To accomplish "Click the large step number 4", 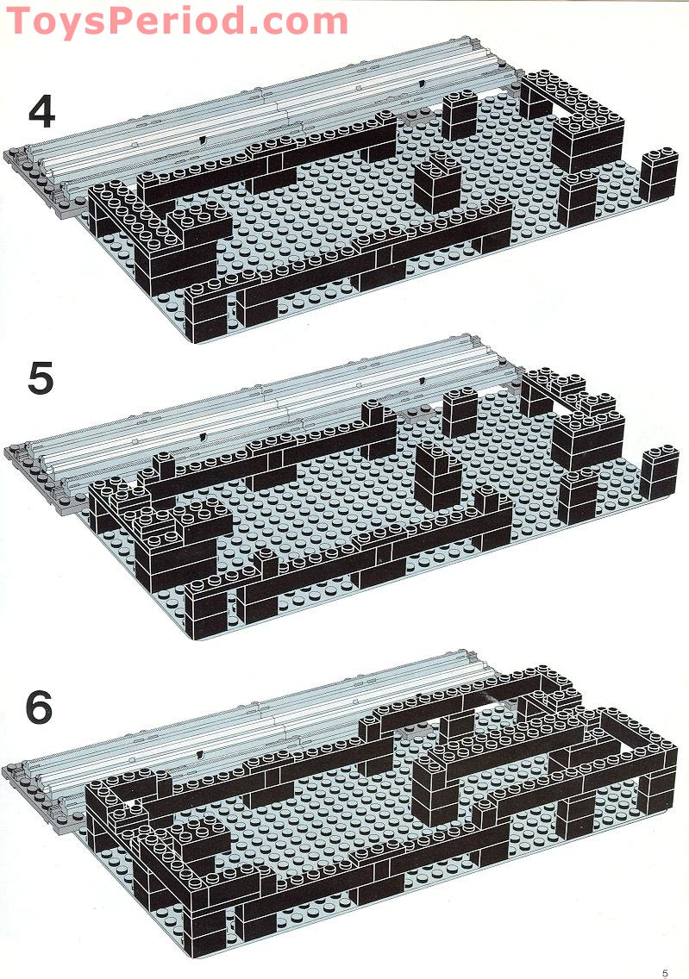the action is coord(41,112).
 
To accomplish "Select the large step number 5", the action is coord(41,378).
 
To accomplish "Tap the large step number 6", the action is coord(39,708).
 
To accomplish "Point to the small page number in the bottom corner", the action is coord(665,973).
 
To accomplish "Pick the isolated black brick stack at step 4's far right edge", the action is coord(659,175).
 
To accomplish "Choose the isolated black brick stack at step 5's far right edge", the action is coord(660,472).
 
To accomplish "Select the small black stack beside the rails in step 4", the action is coord(460,115).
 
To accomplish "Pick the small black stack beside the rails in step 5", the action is coord(460,412).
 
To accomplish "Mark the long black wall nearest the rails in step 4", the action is coord(267,161).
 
